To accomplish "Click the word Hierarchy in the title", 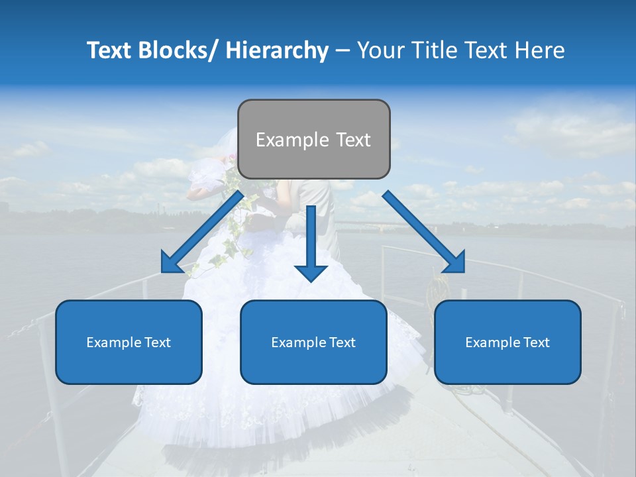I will pyautogui.click(x=276, y=50).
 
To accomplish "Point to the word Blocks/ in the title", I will pyautogui.click(x=174, y=50).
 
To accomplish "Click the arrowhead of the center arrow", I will pyautogui.click(x=311, y=272).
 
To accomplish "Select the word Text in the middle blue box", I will pyautogui.click(x=342, y=343).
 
